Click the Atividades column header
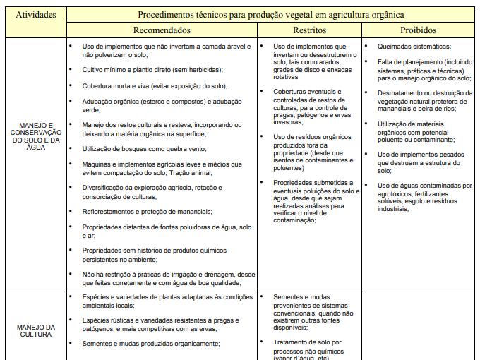click(35, 14)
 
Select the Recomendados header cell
click(162, 30)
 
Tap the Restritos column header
click(309, 30)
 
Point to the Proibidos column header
click(419, 30)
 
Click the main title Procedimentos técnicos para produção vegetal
click(271, 14)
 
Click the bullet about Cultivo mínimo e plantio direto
click(152, 69)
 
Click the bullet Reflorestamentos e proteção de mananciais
click(147, 211)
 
